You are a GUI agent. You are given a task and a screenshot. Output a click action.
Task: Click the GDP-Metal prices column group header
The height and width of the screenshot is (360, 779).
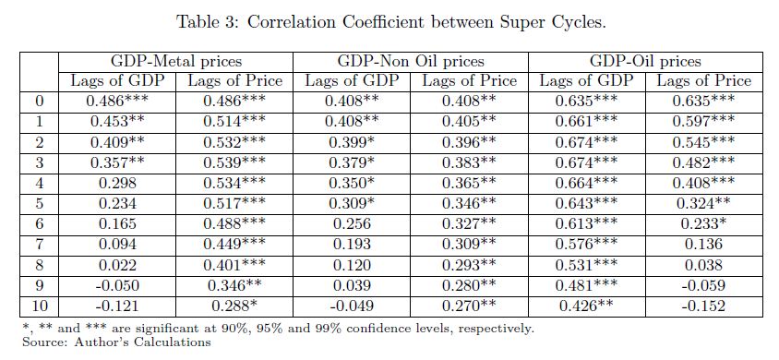pos(176,61)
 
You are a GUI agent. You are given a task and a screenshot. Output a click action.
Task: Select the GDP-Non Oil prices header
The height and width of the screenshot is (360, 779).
pos(411,61)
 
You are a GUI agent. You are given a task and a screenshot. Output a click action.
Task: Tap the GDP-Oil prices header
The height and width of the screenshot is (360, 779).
pos(645,61)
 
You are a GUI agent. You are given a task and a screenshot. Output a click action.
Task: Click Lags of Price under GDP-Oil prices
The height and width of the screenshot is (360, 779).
pos(704,80)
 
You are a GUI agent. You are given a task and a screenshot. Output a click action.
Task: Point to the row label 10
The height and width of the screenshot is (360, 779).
pos(40,306)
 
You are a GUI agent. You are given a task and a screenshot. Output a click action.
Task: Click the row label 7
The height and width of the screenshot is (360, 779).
pos(40,244)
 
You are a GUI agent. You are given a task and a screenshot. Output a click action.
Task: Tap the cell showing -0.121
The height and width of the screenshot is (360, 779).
pos(117,306)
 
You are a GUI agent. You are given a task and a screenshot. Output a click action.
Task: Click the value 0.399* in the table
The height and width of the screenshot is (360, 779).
pos(352,143)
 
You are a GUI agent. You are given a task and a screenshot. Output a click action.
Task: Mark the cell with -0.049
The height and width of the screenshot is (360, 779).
pos(352,306)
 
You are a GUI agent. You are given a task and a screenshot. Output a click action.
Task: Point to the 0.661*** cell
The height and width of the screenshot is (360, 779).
pos(586,122)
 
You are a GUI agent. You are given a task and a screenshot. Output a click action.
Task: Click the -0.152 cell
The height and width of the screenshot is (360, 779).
pos(703,306)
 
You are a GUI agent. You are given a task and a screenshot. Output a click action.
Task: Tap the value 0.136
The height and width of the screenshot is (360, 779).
pos(703,244)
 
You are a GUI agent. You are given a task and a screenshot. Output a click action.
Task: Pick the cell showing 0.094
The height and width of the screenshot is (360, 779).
pos(117,244)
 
